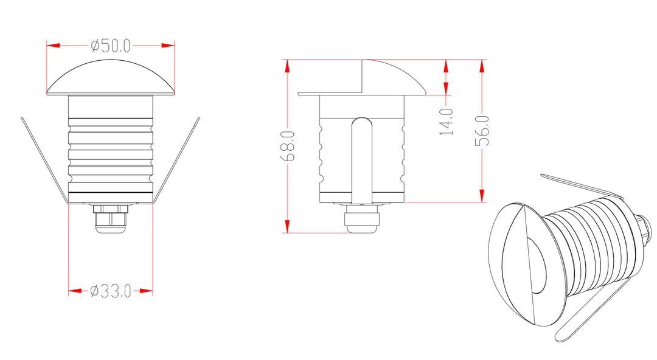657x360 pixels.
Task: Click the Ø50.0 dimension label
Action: point(111,46)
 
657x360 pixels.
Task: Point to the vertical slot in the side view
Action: point(362,158)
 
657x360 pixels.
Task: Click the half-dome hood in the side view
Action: point(389,78)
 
